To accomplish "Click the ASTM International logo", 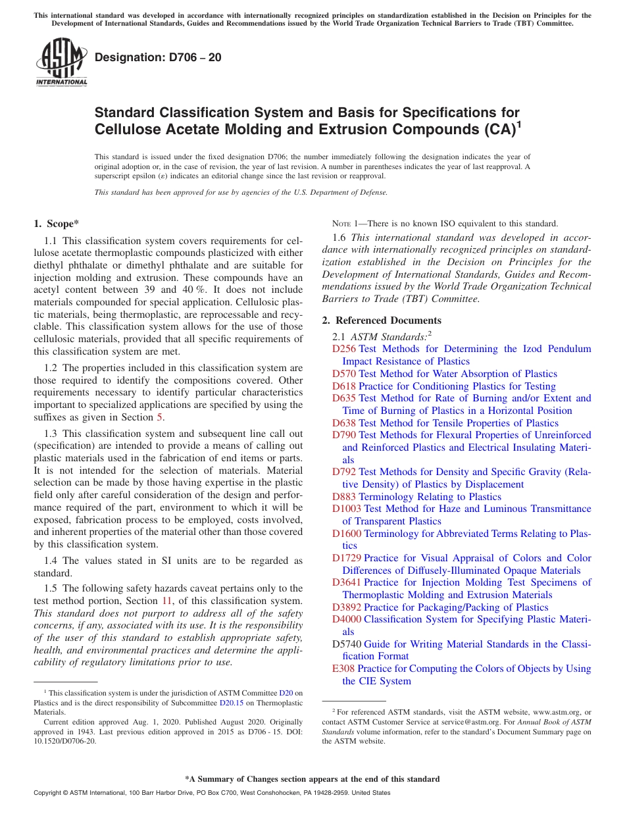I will (x=61, y=63).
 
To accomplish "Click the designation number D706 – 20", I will (x=158, y=58).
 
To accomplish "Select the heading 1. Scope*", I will (x=57, y=224).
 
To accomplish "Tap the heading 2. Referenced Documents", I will (x=382, y=320).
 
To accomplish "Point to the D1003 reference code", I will (x=347, y=509).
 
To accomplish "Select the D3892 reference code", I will (x=347, y=607).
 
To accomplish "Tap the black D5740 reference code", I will (x=347, y=644).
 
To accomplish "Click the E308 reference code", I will (x=343, y=669).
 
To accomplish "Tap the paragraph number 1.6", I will (x=339, y=238).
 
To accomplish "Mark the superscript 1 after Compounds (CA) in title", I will (x=518, y=122).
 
